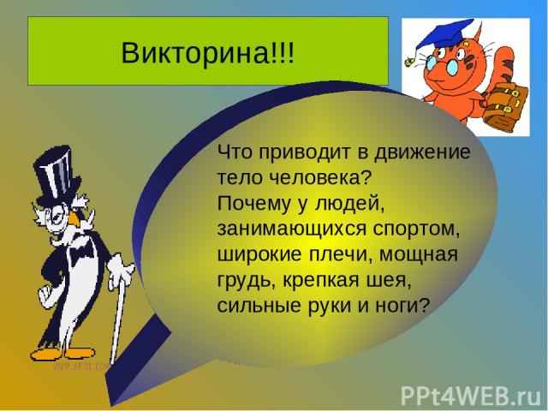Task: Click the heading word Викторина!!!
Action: click(208, 53)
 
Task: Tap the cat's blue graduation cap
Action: click(444, 33)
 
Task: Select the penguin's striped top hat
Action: click(57, 175)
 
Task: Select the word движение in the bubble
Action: click(422, 152)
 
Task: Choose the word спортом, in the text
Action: click(416, 230)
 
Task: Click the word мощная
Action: click(419, 254)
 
